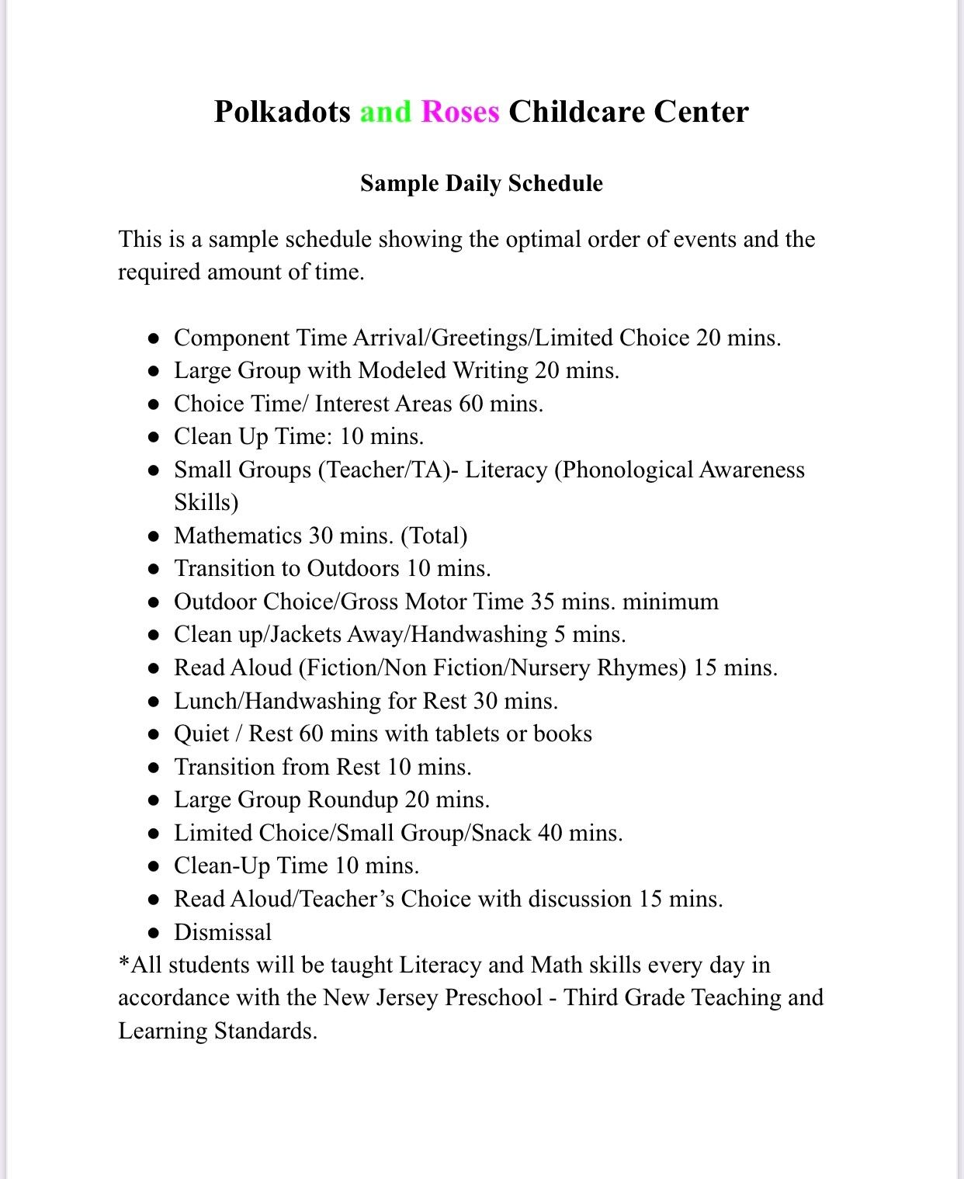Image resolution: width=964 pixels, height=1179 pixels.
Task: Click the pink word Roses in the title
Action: pos(460,112)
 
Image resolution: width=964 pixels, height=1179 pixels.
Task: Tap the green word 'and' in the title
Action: pos(385,112)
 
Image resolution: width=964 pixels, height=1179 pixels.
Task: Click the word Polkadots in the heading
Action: pos(283,112)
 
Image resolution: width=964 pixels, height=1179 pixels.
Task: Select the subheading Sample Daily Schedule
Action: pos(481,183)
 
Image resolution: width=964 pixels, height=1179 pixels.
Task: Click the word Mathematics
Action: pos(238,536)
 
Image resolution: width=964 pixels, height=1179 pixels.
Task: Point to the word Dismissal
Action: pos(223,931)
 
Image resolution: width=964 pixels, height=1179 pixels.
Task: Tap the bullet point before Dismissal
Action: pos(155,932)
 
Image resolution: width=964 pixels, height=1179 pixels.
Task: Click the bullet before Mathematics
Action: pos(155,536)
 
